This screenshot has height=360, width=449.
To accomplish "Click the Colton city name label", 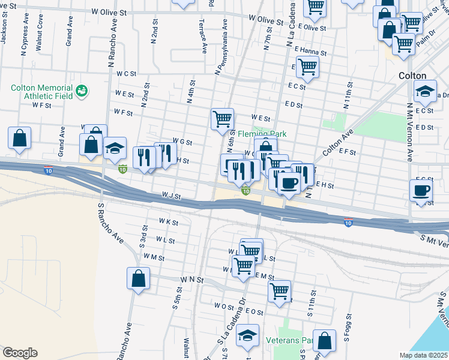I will coord(412,76).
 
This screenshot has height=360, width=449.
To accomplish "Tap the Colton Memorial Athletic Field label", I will coord(41,92).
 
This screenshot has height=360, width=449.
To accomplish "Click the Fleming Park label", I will coord(262,134).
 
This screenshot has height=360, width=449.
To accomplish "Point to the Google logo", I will coord(19,353).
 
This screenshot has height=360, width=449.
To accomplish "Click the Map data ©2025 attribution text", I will coord(423,355).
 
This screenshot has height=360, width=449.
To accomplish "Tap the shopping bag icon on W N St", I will coord(138,278).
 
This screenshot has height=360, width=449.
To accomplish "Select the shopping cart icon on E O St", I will coord(279,292).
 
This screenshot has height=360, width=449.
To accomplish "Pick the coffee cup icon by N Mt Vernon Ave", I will coord(420,190).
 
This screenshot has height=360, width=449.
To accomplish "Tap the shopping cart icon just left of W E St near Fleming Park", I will coord(222,119).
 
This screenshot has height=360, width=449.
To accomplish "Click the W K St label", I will coord(169,222).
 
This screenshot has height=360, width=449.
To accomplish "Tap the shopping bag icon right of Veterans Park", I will coord(325,340).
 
